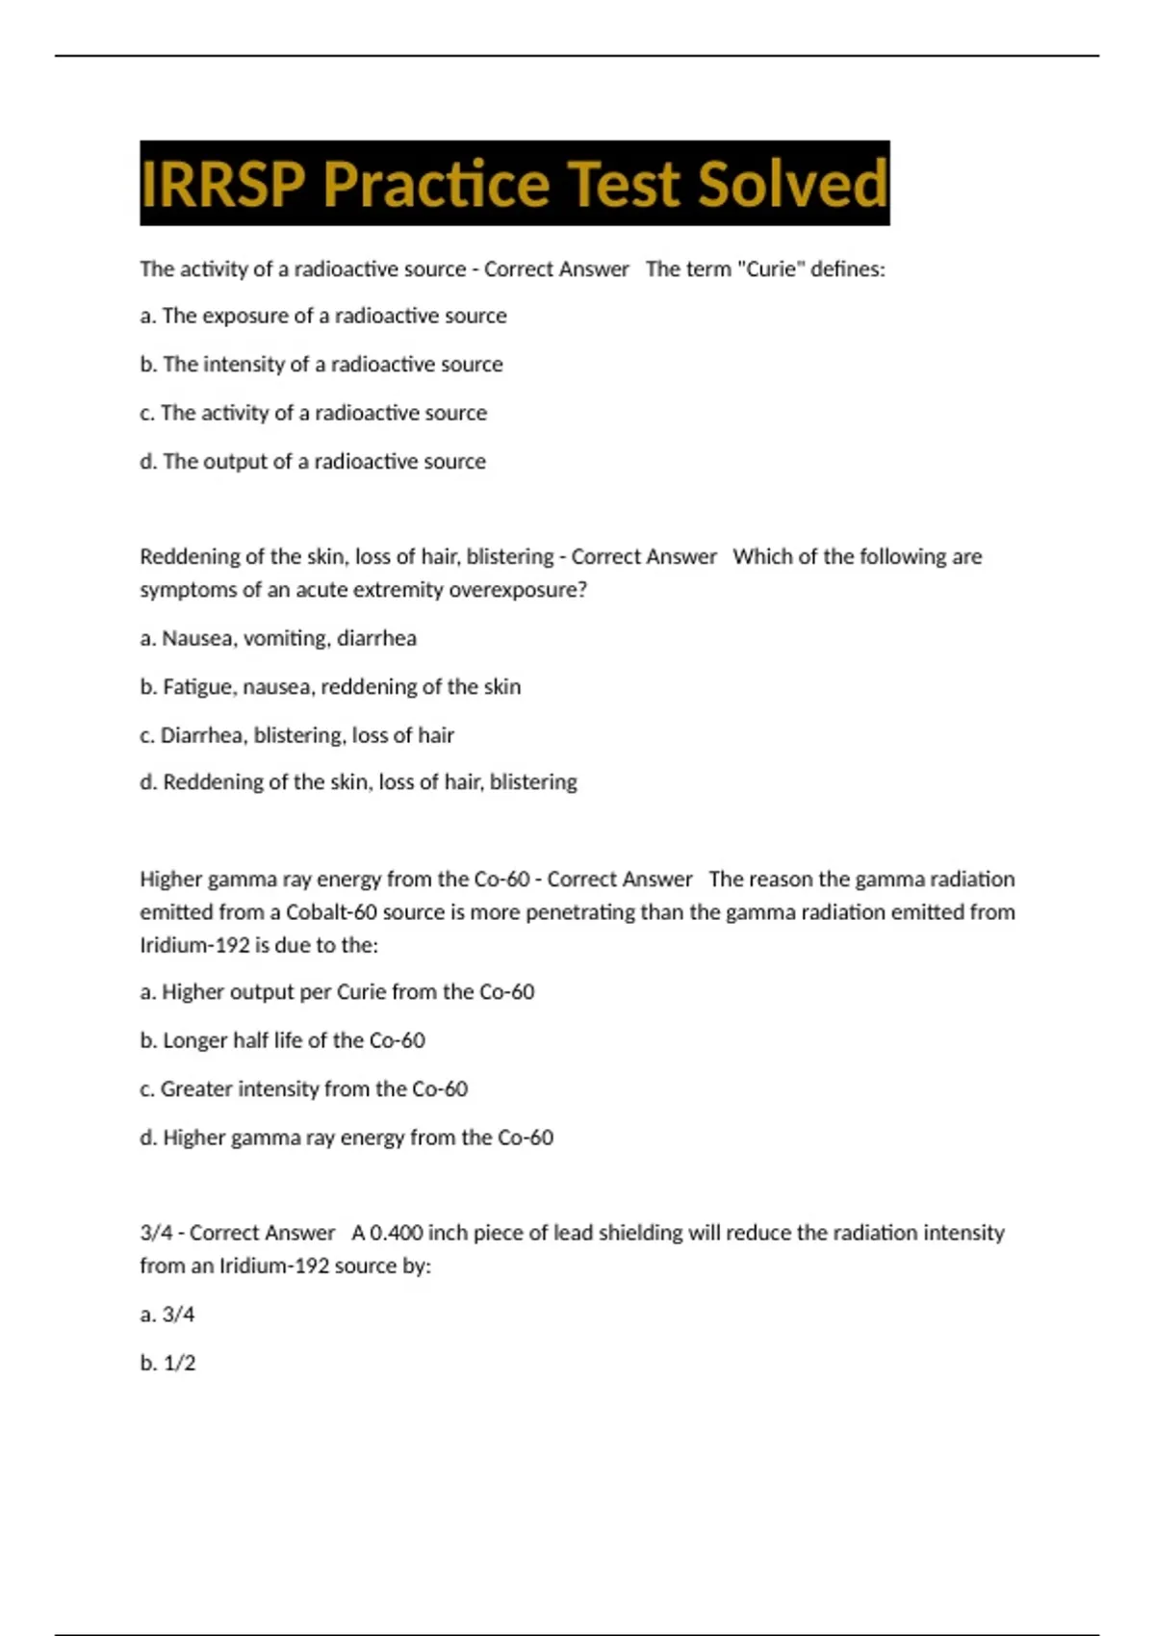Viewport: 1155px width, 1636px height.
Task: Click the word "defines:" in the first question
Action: click(847, 269)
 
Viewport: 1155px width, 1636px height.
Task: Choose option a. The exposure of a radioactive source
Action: click(323, 316)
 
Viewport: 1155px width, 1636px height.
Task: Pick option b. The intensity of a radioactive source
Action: click(321, 365)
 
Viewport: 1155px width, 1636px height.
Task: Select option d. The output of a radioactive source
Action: click(313, 462)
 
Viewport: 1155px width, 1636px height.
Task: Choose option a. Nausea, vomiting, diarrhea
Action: click(278, 638)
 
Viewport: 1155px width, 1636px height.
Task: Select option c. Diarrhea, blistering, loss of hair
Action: click(296, 735)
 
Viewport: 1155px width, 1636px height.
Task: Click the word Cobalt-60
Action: click(327, 912)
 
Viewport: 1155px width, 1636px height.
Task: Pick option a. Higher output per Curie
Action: click(337, 992)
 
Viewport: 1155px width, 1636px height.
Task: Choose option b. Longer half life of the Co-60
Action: click(282, 1040)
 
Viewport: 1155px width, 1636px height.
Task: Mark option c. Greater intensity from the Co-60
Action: click(303, 1089)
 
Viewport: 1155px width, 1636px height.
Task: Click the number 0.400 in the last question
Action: click(397, 1233)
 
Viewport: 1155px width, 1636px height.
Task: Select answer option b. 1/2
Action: click(167, 1363)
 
